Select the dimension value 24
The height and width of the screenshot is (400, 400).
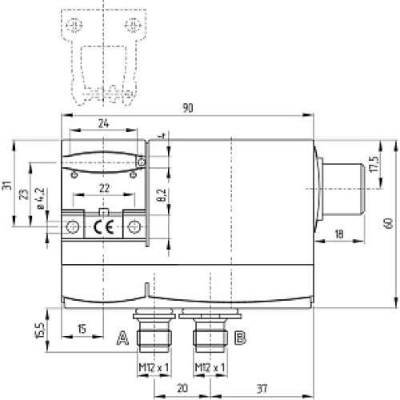(x=102, y=124)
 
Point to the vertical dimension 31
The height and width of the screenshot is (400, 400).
(x=7, y=186)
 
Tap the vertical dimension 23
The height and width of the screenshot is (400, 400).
(x=25, y=194)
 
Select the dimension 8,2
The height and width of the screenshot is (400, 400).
(x=161, y=194)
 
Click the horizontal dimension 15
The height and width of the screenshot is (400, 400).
(x=82, y=329)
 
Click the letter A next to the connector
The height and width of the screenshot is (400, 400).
(x=122, y=338)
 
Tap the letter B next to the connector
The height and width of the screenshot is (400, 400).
(x=239, y=338)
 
